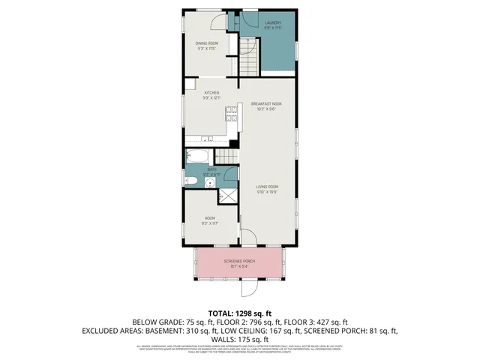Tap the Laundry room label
(x=273, y=22)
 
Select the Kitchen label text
(x=211, y=93)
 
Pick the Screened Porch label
(x=240, y=262)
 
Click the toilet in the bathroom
(x=191, y=182)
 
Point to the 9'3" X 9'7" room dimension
(x=209, y=223)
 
